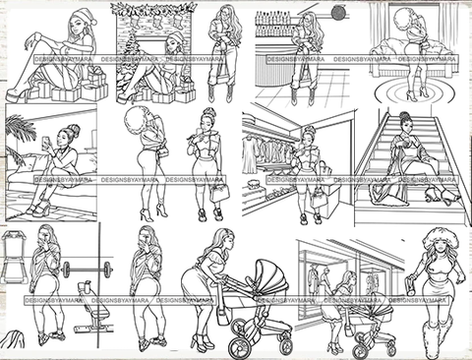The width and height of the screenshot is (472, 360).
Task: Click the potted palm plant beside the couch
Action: tap(20, 133)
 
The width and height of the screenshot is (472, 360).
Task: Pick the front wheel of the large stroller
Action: tap(285, 344)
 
